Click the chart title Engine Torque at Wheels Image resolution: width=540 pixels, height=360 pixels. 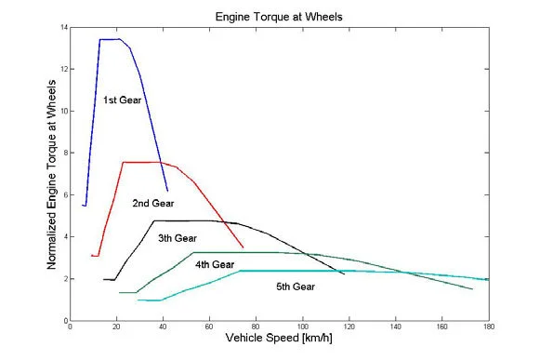point(281,17)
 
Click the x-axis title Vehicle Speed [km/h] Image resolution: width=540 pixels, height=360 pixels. point(279,340)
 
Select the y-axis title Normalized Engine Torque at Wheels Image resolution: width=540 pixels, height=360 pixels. point(51,173)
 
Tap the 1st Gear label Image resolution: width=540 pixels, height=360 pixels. point(122,99)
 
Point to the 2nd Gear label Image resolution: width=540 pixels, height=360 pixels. point(153,202)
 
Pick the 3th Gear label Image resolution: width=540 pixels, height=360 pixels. point(178,238)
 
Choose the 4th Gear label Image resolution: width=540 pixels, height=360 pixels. point(215,265)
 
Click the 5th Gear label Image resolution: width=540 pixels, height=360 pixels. point(296,287)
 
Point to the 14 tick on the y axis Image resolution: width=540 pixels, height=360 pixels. point(63,27)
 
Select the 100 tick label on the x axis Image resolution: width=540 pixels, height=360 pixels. point(303,327)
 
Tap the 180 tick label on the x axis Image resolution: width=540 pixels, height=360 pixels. point(489,327)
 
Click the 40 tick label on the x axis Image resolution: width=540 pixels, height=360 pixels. point(164,327)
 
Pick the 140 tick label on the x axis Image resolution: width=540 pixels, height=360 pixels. point(396,327)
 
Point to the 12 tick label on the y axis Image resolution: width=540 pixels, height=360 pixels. point(63,69)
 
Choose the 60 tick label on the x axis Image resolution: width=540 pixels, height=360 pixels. point(210,327)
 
